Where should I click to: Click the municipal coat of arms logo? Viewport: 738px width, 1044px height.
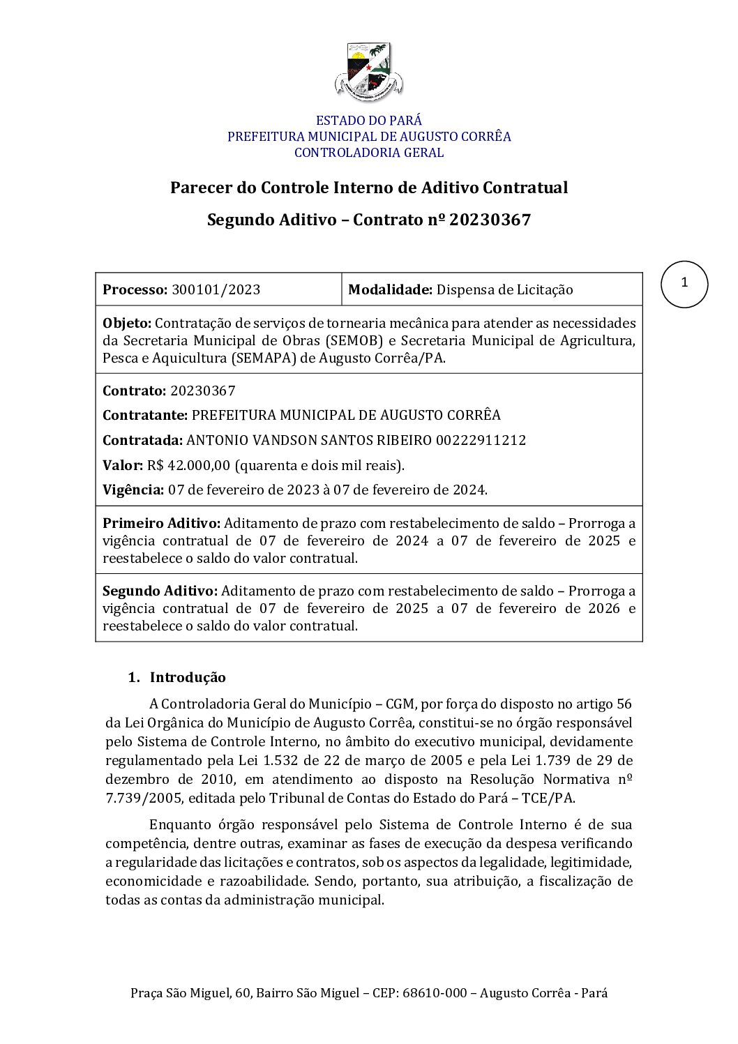pyautogui.click(x=368, y=72)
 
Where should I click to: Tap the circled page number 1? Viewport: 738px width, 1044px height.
pyautogui.click(x=684, y=284)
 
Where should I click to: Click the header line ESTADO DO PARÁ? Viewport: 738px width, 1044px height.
pyautogui.click(x=368, y=121)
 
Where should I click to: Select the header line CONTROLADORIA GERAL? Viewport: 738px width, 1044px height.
pyautogui.click(x=368, y=153)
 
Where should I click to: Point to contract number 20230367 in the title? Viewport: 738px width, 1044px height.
pyautogui.click(x=490, y=220)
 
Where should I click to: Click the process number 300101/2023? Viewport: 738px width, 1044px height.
pyautogui.click(x=216, y=289)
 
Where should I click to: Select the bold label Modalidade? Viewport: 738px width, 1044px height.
pyautogui.click(x=390, y=289)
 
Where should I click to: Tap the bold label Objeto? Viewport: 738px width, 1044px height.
pyautogui.click(x=126, y=323)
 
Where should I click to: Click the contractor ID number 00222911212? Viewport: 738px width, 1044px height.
pyautogui.click(x=481, y=440)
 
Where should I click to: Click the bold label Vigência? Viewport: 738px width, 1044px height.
pyautogui.click(x=133, y=490)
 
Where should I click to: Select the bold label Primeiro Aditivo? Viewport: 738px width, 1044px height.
pyautogui.click(x=161, y=523)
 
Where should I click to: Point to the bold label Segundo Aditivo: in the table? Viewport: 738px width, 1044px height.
pyautogui.click(x=160, y=591)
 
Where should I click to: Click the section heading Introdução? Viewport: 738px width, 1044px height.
pyautogui.click(x=188, y=677)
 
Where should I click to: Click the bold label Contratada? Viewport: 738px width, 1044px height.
pyautogui.click(x=142, y=440)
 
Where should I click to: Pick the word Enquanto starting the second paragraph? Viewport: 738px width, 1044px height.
pyautogui.click(x=179, y=824)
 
